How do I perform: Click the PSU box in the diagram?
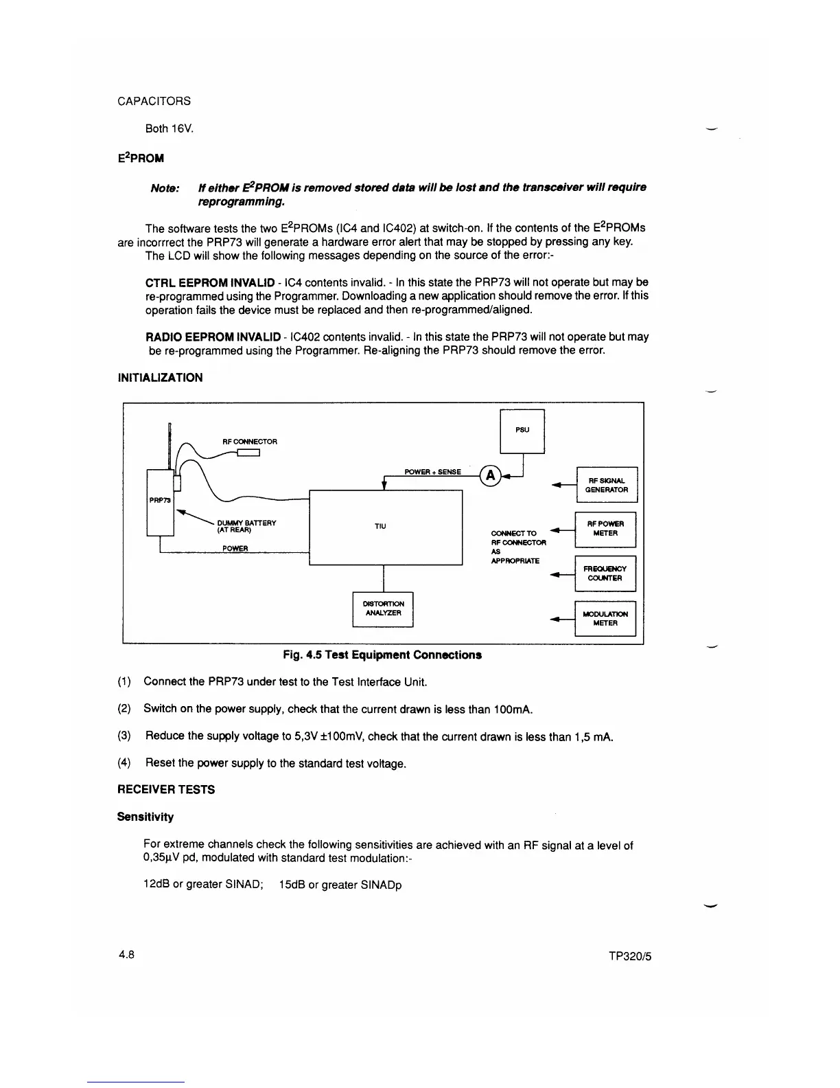click(x=522, y=431)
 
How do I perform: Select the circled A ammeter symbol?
click(x=490, y=475)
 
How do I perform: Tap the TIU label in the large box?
click(x=380, y=526)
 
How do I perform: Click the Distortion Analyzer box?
click(x=382, y=609)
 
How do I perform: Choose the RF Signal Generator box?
click(x=607, y=485)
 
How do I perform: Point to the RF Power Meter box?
click(x=605, y=529)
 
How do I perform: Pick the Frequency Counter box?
click(x=605, y=574)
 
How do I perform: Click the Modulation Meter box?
click(x=605, y=618)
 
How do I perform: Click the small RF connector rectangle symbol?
click(x=248, y=452)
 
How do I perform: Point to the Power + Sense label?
click(x=432, y=472)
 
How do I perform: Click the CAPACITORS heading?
click(x=154, y=101)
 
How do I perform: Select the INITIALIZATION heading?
click(x=161, y=378)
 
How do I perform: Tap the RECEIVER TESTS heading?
click(x=166, y=790)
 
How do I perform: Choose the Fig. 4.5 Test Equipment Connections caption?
click(x=382, y=655)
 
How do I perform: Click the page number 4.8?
click(x=126, y=955)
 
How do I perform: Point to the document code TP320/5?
click(x=629, y=957)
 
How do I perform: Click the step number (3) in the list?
click(x=124, y=736)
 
